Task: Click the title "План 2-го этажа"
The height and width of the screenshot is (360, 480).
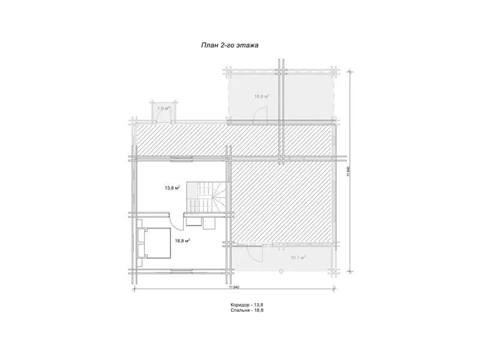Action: click(x=230, y=46)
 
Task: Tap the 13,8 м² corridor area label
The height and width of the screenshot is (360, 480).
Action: click(x=172, y=188)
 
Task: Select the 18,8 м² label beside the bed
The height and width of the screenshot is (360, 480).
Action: click(x=182, y=241)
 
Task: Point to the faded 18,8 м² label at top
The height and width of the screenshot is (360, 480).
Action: click(x=262, y=96)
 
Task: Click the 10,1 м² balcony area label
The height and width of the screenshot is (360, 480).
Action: click(x=298, y=257)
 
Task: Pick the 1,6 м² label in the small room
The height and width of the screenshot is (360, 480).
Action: click(x=163, y=108)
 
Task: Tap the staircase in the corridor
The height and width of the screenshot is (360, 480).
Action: click(x=207, y=196)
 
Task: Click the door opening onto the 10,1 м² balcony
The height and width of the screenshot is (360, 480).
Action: click(x=254, y=253)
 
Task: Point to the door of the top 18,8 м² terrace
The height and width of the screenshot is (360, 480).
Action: click(x=260, y=115)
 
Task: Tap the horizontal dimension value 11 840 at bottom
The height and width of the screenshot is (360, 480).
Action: click(x=233, y=287)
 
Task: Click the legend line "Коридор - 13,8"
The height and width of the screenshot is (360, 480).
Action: click(x=247, y=305)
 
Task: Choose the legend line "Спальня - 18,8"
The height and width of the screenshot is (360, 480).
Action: click(x=247, y=310)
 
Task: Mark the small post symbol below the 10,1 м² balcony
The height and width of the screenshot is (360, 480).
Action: click(x=281, y=271)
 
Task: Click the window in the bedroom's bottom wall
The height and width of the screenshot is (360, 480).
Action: click(x=182, y=270)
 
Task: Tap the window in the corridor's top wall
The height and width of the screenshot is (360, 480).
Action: click(x=182, y=158)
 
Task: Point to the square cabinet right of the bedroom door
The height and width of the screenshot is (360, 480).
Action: click(x=209, y=223)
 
